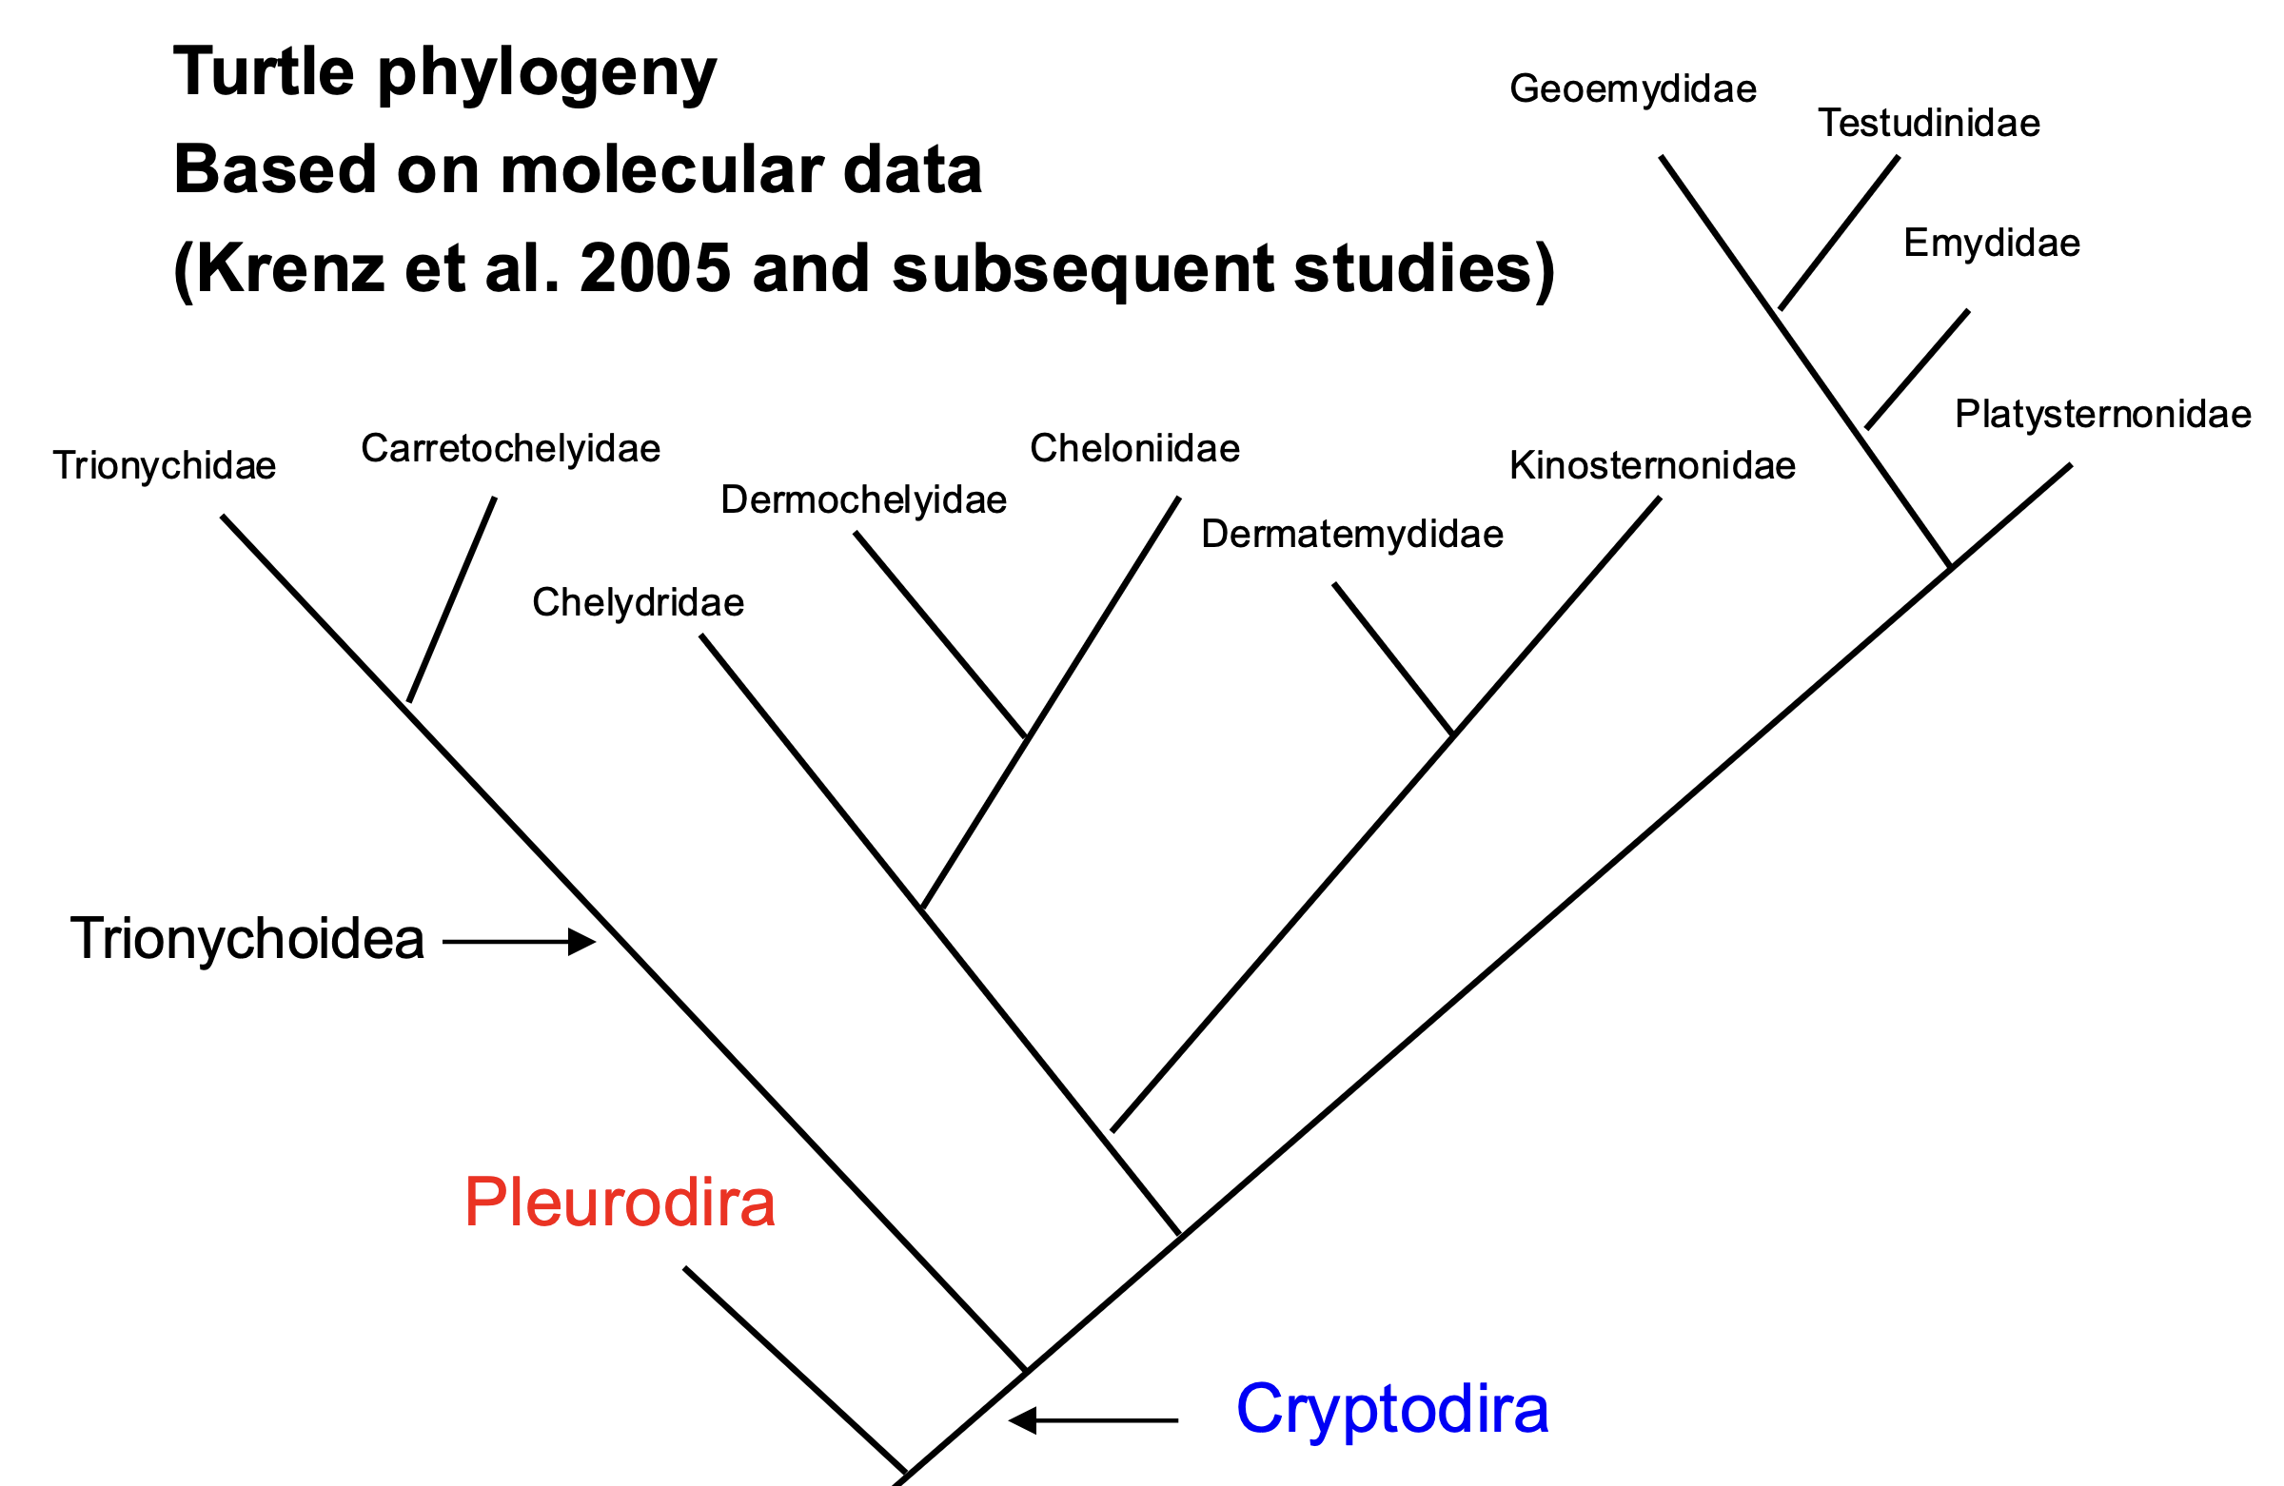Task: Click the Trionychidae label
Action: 164,467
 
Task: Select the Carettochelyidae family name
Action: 510,450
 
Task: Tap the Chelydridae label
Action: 639,602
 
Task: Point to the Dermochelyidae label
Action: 864,500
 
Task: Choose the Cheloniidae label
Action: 1134,448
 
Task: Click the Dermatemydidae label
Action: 1352,535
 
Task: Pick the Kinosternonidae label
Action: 1652,465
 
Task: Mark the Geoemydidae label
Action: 1633,89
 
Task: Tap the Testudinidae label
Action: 1929,123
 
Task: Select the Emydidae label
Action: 1992,244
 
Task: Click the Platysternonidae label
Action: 2103,416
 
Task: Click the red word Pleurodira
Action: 620,1202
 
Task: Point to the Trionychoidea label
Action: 247,938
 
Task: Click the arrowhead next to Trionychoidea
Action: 581,942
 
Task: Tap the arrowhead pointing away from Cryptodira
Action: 1023,1419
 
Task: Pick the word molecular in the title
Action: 661,169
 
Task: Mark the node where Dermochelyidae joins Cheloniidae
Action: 1027,736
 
